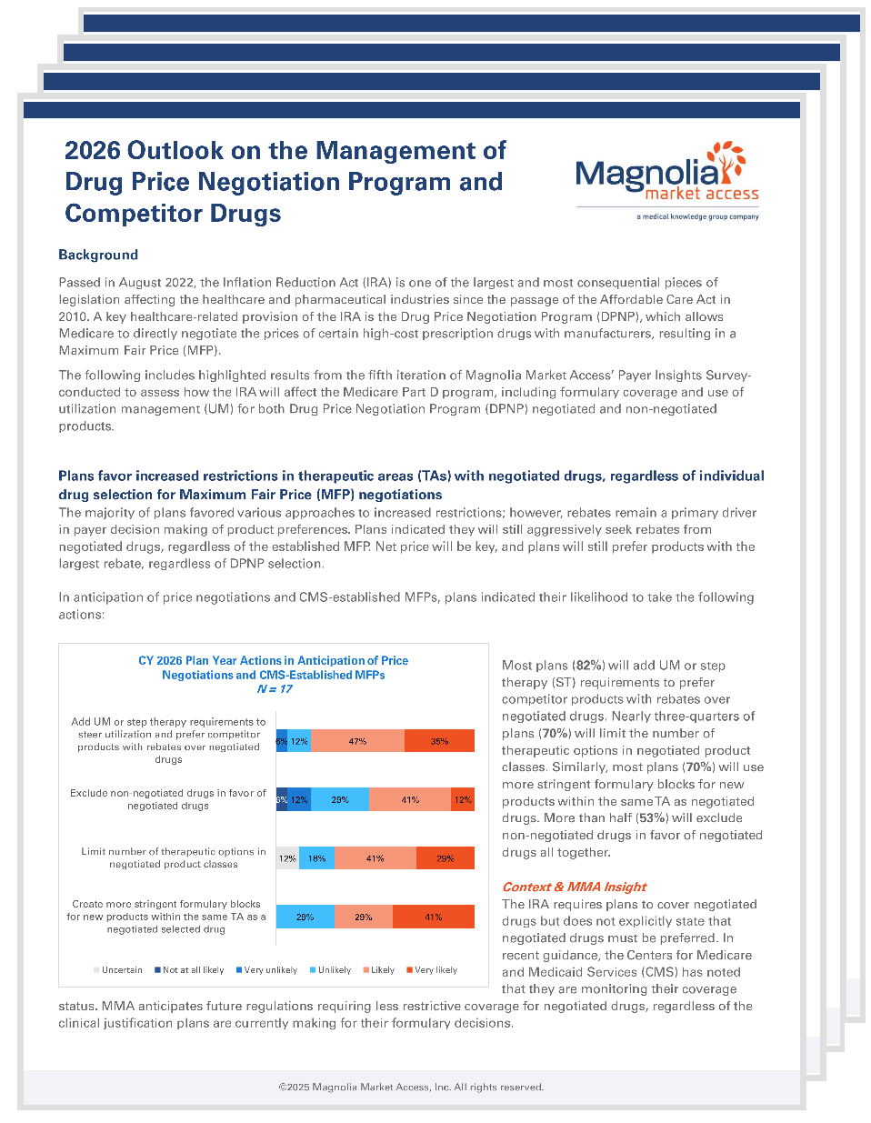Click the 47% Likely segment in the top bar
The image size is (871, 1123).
(357, 741)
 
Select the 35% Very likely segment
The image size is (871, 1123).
(439, 741)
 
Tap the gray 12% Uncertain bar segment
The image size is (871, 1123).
(287, 858)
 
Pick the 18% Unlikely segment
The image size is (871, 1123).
(316, 858)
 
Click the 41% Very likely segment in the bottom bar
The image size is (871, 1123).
(433, 917)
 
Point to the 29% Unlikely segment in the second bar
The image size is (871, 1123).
(340, 800)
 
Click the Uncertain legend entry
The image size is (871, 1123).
(118, 970)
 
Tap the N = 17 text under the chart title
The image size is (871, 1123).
(274, 689)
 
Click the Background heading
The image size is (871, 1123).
(98, 255)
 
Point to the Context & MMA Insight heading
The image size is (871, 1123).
(574, 887)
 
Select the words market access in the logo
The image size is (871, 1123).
(701, 194)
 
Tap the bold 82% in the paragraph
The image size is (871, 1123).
(590, 666)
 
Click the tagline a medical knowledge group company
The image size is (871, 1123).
(697, 217)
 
